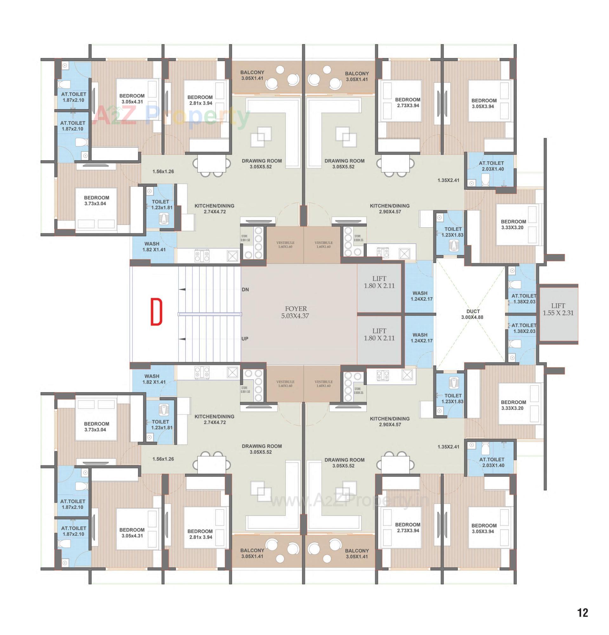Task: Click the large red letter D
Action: point(156,312)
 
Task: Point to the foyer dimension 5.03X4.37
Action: point(295,316)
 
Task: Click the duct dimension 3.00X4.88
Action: point(472,317)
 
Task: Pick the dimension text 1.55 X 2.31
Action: point(558,313)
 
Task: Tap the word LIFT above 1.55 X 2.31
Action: point(558,305)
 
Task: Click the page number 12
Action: point(582,613)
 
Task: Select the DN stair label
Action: point(245,289)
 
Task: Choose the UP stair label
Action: point(245,338)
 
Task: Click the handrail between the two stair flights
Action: point(210,314)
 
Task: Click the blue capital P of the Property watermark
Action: point(155,116)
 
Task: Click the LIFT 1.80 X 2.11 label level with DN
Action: point(379,282)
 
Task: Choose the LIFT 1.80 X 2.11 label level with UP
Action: point(379,334)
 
